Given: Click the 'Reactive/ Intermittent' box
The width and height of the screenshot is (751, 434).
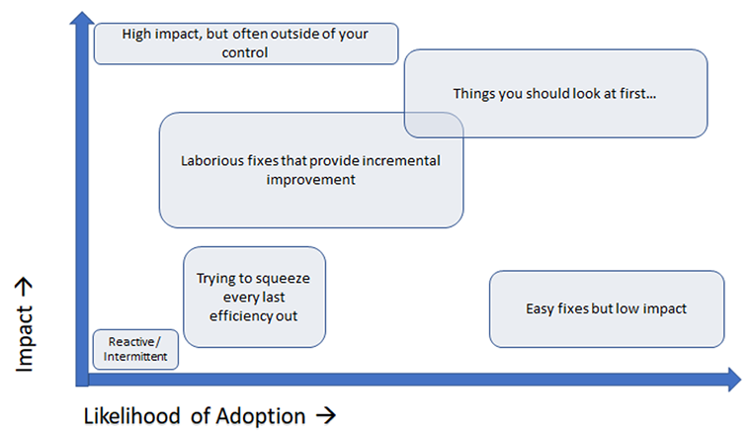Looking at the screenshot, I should tap(136, 350).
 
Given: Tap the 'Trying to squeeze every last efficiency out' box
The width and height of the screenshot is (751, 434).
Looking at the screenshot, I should tap(255, 297).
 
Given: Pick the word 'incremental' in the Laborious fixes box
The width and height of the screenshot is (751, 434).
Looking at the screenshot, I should tap(401, 160).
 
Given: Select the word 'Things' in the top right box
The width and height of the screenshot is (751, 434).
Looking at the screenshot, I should tap(472, 94).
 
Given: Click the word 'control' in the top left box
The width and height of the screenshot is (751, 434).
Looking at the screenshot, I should tap(245, 52).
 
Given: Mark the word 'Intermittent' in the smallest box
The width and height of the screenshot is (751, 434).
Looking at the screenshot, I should tap(136, 357).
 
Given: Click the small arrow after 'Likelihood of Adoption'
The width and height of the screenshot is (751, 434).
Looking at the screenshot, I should tap(323, 416).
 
